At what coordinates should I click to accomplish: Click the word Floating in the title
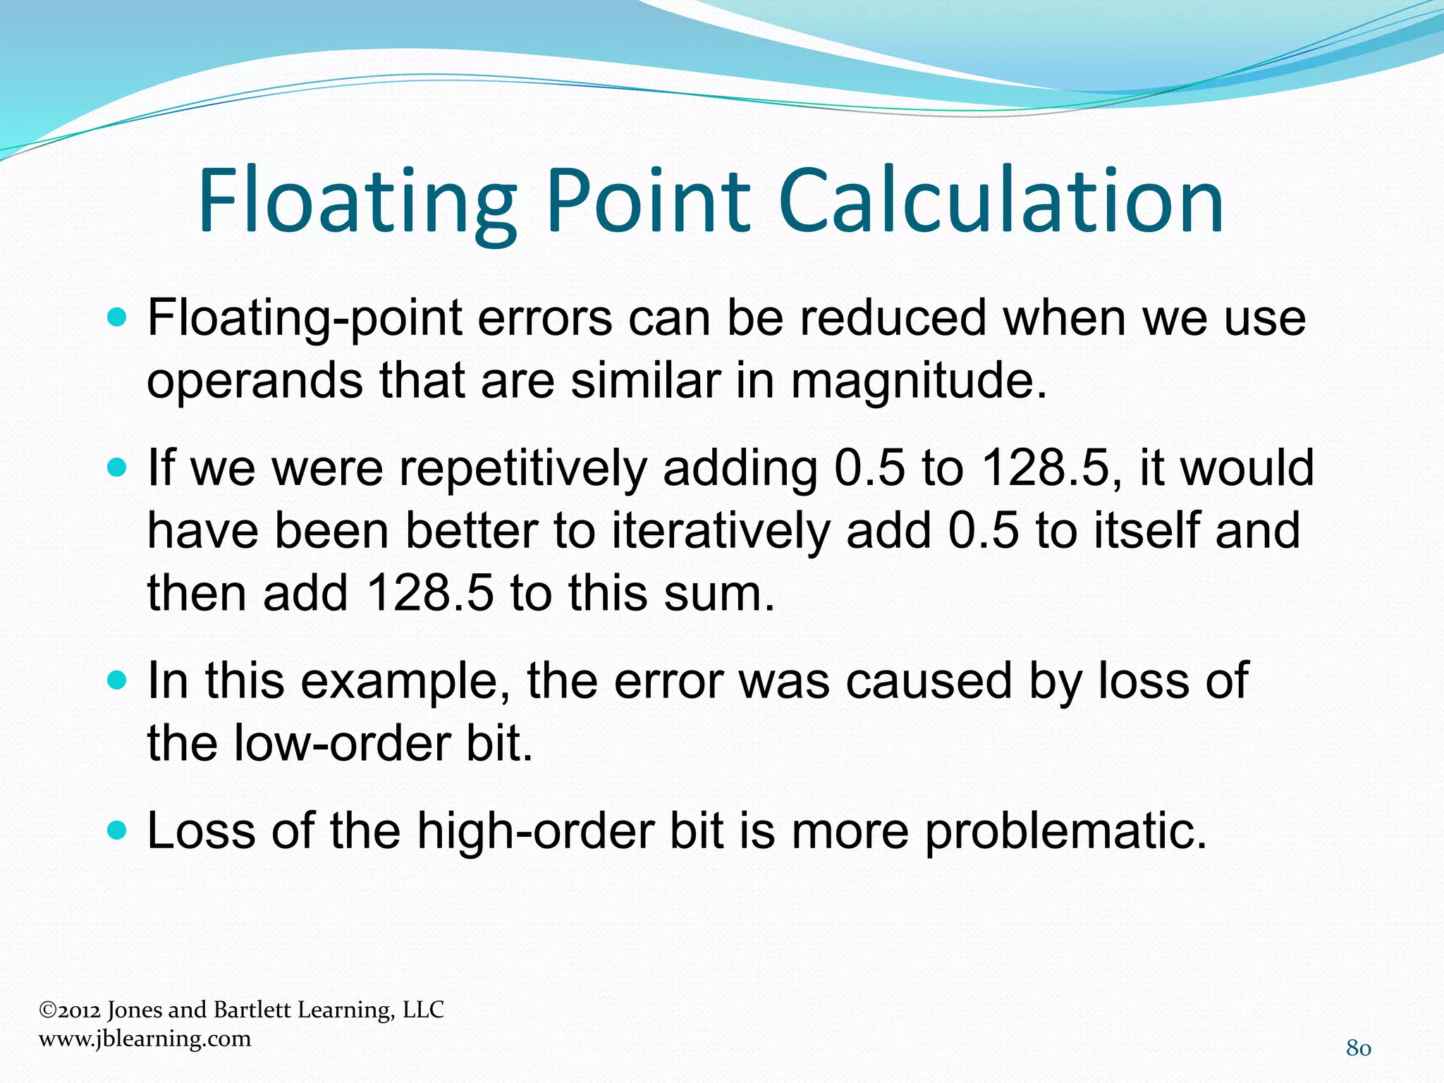pos(357,202)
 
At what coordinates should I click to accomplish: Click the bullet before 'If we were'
pos(118,468)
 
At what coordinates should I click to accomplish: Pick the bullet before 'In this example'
pos(118,681)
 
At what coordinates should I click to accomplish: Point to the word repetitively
pos(522,468)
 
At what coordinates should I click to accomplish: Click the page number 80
pos(1358,1048)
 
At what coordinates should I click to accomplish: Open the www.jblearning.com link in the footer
pos(145,1039)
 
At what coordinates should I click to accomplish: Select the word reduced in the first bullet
pos(893,318)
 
